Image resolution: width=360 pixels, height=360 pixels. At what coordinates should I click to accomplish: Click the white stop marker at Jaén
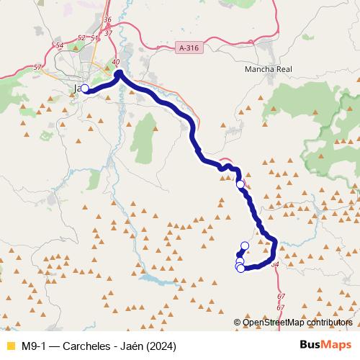tap(85, 89)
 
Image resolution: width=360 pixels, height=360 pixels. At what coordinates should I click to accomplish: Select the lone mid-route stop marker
tap(240, 184)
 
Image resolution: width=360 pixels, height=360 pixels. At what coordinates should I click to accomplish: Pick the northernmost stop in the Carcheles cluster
tap(245, 246)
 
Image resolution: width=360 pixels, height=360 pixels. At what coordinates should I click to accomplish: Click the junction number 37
tap(109, 32)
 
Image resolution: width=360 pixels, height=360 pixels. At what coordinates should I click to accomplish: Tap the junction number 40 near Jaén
tap(115, 63)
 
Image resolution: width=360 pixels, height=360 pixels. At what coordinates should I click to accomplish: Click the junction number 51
tap(93, 37)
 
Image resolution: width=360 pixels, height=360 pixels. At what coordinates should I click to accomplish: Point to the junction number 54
tap(60, 45)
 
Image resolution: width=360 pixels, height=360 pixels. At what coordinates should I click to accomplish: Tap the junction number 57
tap(37, 68)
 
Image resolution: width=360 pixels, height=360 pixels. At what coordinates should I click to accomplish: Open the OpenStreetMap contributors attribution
tap(298, 322)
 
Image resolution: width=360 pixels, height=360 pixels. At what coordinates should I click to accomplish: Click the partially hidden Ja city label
tap(76, 89)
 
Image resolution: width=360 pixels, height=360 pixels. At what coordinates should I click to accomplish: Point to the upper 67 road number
tap(281, 297)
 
